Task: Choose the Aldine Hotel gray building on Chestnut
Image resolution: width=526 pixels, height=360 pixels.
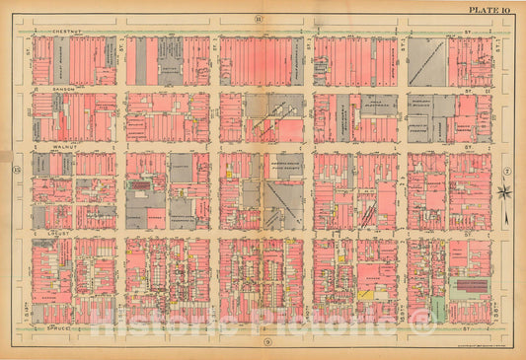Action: (169, 61)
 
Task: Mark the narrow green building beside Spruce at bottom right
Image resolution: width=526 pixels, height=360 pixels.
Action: (437, 311)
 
